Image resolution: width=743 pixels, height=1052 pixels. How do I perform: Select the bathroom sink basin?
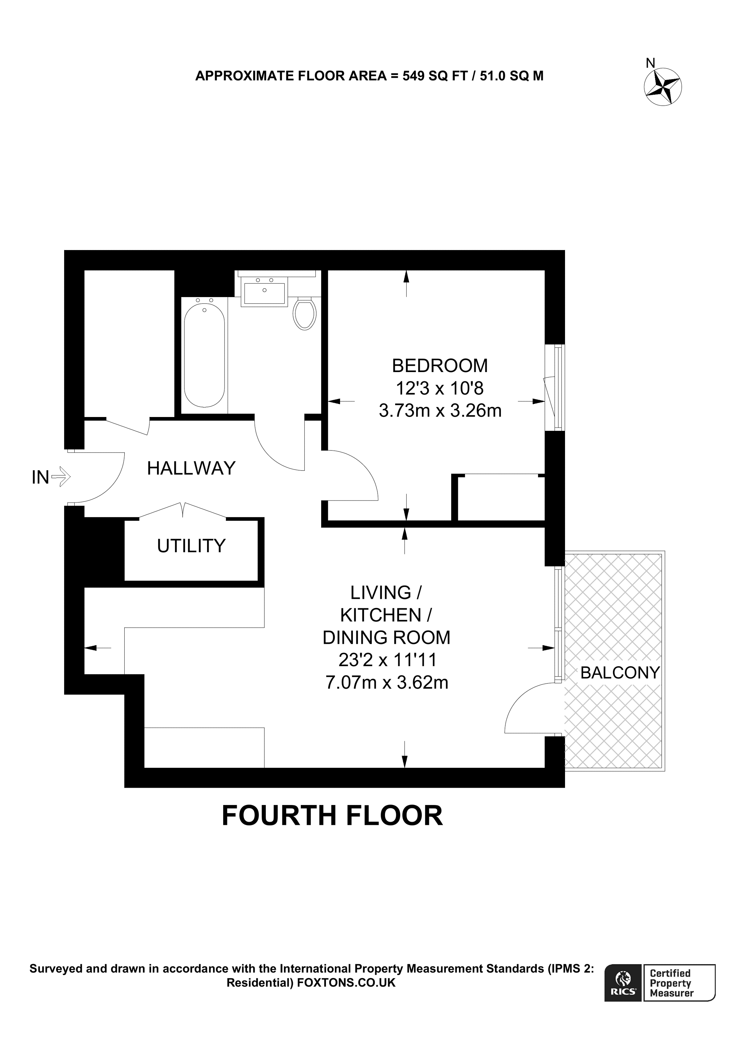click(264, 293)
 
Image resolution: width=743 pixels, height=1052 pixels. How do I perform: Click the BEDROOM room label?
click(439, 366)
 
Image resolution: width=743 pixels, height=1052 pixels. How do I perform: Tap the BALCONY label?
click(620, 672)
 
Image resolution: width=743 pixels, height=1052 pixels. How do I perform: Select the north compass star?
click(663, 87)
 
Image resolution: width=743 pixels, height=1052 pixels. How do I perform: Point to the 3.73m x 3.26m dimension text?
click(439, 411)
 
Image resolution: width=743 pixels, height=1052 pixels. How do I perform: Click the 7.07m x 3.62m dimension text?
click(386, 683)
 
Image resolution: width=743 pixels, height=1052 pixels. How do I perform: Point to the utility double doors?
click(183, 510)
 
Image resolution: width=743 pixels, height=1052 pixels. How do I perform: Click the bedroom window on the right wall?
click(557, 387)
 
